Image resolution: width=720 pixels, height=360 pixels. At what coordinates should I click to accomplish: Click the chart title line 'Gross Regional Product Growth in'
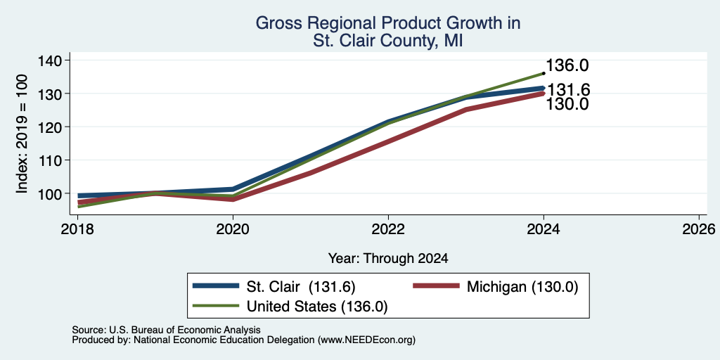[x=388, y=23]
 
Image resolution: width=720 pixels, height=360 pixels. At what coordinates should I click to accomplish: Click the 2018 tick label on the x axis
[x=77, y=229]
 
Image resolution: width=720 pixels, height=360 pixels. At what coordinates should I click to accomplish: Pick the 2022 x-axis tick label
[x=388, y=229]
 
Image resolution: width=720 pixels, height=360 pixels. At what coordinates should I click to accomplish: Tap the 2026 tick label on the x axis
[x=699, y=229]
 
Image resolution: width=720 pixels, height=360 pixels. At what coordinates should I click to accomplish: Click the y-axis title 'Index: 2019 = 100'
[x=22, y=134]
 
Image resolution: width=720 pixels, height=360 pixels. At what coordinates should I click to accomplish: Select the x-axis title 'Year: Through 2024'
[x=388, y=259]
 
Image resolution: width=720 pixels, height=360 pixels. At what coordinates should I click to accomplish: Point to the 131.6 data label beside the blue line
[x=567, y=90]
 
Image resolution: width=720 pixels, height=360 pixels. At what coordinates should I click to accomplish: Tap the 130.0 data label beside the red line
[x=567, y=104]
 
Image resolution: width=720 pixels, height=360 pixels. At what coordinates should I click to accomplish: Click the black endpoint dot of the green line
[x=544, y=73]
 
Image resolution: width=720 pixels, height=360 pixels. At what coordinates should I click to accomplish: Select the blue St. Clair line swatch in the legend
[x=217, y=286]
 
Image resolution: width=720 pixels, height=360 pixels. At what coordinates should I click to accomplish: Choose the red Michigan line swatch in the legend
[x=436, y=286]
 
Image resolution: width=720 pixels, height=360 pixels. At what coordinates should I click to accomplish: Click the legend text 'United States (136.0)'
[x=317, y=307]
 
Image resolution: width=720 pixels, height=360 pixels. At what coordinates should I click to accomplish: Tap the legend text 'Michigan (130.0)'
[x=522, y=287]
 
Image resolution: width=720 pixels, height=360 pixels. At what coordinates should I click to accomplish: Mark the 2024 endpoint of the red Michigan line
[x=544, y=94]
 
